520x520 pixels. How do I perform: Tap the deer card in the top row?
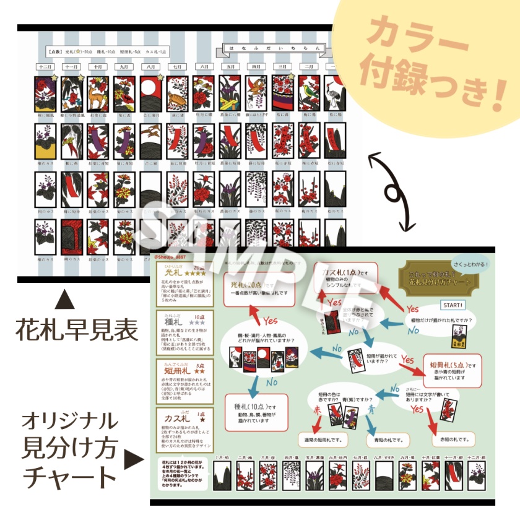coord(97,93)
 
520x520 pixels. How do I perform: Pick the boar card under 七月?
coord(177,93)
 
